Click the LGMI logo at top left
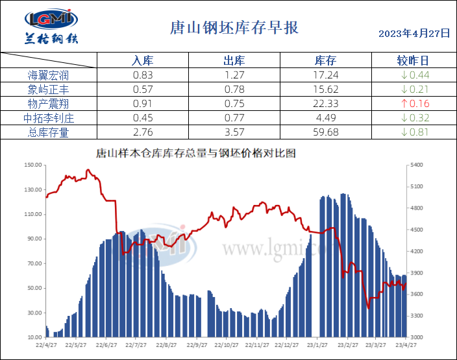click(x=51, y=27)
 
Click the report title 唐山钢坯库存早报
click(x=234, y=28)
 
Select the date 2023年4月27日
click(x=414, y=33)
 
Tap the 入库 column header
click(x=142, y=60)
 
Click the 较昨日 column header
click(x=413, y=60)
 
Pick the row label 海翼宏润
click(x=48, y=75)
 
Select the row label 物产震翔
click(x=48, y=104)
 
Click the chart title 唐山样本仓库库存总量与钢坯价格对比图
click(x=195, y=154)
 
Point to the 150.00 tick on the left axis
click(x=32, y=165)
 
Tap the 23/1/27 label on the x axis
click(x=316, y=345)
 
